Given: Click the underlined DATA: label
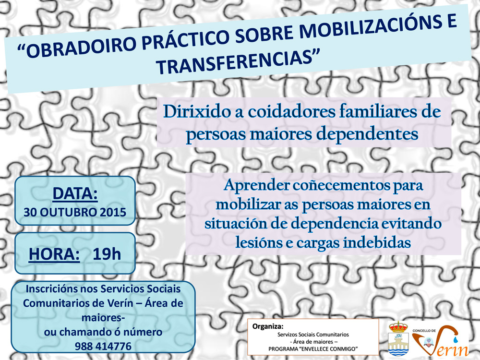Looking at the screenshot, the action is coord(75,193).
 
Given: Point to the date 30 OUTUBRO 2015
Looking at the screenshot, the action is coord(75,212).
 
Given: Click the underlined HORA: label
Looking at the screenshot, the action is coord(54,254).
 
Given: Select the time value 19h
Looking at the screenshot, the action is coord(107,254).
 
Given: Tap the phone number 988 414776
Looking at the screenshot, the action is coord(103,346).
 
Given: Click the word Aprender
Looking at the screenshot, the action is coord(256,185).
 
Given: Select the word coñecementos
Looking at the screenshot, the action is coord(341,185).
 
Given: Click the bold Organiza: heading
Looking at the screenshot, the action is coord(268,326).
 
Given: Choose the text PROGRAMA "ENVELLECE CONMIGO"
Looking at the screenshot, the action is coord(313,349).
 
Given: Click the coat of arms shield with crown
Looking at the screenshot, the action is coord(398,338).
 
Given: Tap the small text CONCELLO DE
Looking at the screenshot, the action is coord(424,331).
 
